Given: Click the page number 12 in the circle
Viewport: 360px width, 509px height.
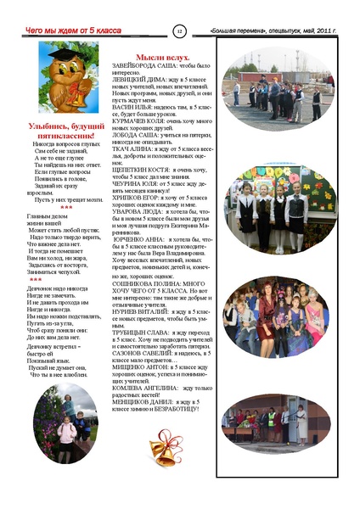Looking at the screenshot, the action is [x=180, y=31].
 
